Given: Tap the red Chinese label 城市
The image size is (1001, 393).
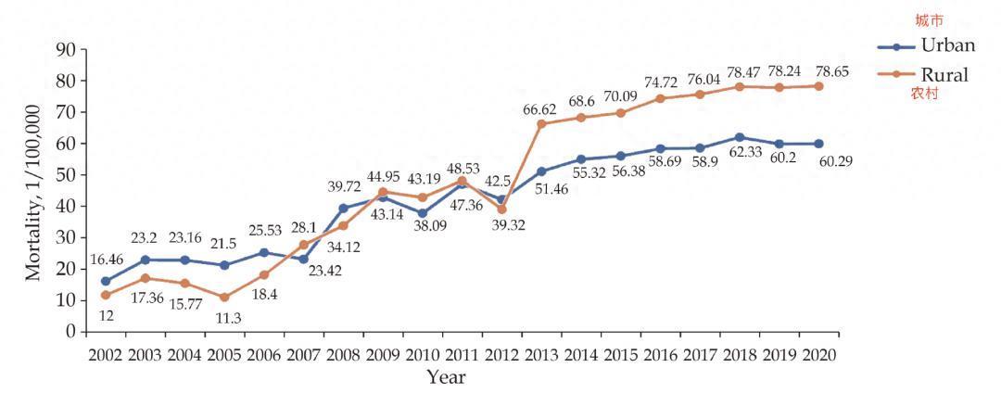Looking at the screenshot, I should coord(927,20).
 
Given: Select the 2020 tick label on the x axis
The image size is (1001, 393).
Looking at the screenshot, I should coord(817,355).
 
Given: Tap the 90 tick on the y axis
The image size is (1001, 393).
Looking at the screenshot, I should coord(64,50).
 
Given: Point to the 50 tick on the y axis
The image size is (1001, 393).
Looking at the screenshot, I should coord(64,175).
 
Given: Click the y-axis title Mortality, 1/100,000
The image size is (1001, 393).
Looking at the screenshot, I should coord(32,192).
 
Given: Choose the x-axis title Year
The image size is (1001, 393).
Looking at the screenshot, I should coord(446,376).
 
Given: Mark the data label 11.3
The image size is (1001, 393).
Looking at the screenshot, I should coord(224,318).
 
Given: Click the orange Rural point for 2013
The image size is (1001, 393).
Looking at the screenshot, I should coord(541,123).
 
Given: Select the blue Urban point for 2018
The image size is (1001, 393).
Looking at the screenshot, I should coord(739,137).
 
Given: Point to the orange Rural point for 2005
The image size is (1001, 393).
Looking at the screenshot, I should coord(225,297).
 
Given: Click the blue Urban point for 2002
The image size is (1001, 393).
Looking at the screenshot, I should coord(107,280).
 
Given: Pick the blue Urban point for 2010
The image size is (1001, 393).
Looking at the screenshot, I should coord(423,212).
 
